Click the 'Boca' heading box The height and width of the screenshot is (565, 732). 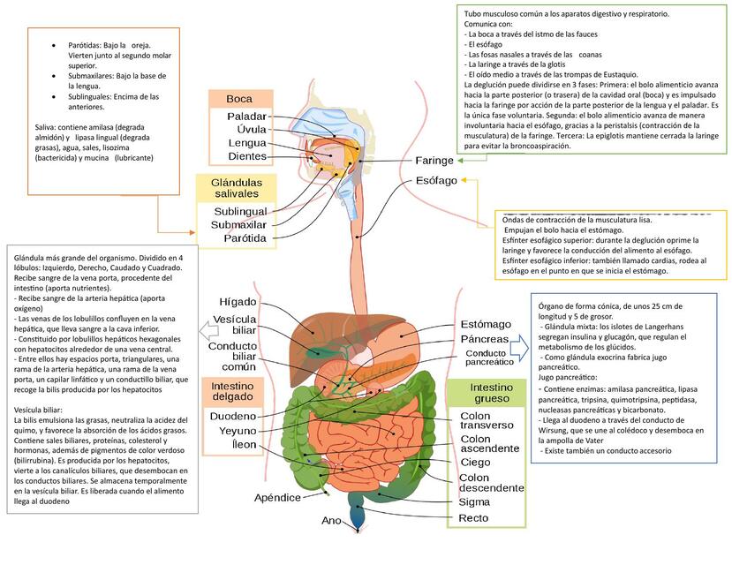238,98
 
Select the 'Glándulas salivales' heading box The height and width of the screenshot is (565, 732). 236,186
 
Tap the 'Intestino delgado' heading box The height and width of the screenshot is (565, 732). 231,391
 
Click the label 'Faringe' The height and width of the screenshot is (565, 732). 434,161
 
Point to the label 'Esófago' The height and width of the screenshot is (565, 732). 436,181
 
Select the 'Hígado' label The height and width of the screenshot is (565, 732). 238,302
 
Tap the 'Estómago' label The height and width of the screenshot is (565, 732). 486,324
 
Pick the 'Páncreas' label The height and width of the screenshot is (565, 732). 485,339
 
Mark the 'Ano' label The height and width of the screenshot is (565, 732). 331,521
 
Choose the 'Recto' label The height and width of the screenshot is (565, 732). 474,517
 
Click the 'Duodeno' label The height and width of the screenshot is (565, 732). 232,416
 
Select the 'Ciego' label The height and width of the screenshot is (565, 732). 476,462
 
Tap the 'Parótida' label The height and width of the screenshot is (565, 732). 245,238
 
